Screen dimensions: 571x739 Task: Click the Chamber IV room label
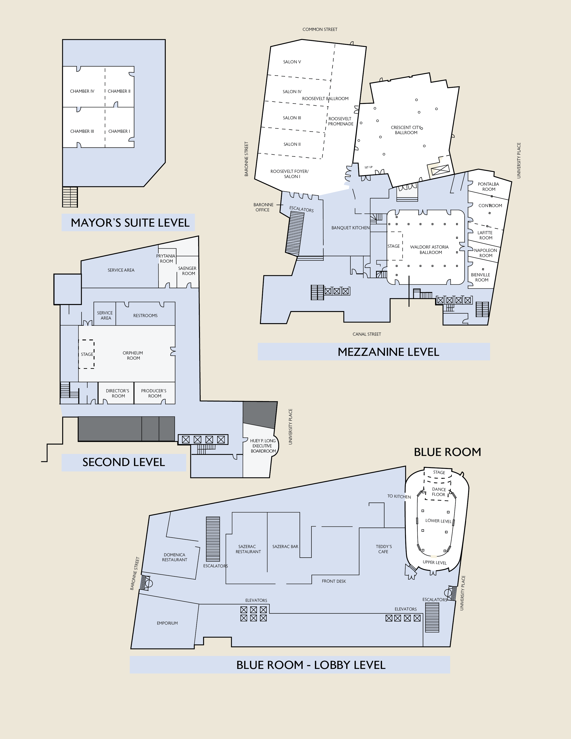[x=82, y=91]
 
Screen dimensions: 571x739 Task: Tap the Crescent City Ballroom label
[x=406, y=130]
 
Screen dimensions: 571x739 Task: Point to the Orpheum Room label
[x=133, y=355]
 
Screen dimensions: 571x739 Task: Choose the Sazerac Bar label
[x=285, y=546]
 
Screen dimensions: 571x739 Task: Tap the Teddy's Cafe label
[x=384, y=549]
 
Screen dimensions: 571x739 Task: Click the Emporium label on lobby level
[x=167, y=623]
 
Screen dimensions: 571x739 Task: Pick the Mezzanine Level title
[x=388, y=352]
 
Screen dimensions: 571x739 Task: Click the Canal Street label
[x=367, y=334]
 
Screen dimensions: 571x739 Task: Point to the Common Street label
[x=320, y=29]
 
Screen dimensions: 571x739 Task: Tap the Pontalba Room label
[x=488, y=187]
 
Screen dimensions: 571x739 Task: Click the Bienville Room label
[x=480, y=277]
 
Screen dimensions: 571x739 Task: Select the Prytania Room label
[x=166, y=258]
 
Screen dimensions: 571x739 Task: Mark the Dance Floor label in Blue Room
[x=439, y=492]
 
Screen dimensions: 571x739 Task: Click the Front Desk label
[x=334, y=581]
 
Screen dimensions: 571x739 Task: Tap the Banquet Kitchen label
[x=350, y=228]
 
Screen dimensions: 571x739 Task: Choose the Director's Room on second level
[x=118, y=393]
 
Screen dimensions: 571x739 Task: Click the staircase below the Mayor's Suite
[x=70, y=197]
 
